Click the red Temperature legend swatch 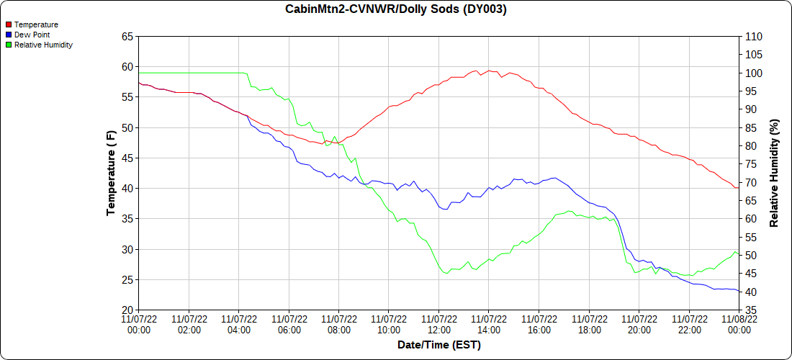(x=9, y=25)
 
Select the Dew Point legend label (x=32, y=35)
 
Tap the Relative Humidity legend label (x=43, y=45)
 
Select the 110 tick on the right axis (x=753, y=36)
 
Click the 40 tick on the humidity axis (x=750, y=292)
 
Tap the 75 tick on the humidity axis (x=750, y=164)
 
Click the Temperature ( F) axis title (x=111, y=173)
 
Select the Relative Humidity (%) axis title (x=775, y=173)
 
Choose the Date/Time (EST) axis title (x=438, y=345)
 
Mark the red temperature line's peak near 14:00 (x=489, y=71)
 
